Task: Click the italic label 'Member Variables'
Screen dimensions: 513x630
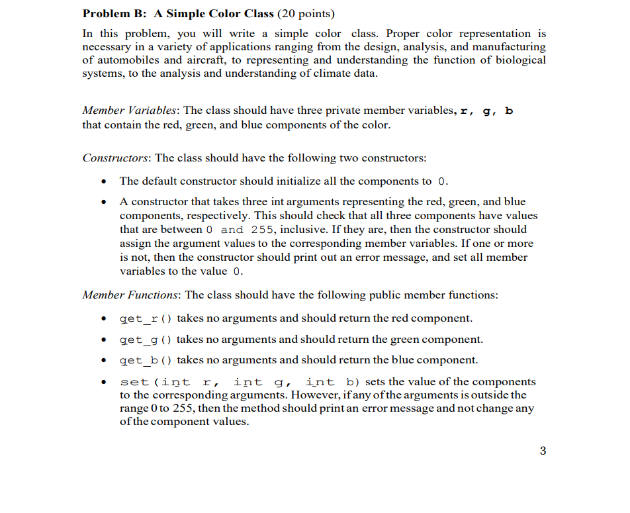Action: (x=130, y=111)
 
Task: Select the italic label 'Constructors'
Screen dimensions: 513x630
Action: (x=116, y=158)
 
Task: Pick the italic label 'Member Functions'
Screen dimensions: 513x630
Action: (x=130, y=295)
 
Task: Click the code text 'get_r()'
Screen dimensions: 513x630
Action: (x=146, y=318)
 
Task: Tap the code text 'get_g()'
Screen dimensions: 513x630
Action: (x=146, y=340)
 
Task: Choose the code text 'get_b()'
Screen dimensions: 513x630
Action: (x=146, y=360)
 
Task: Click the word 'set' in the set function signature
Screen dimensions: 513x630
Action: (x=134, y=382)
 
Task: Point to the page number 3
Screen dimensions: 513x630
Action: (x=543, y=451)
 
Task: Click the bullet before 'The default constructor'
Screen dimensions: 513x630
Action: (x=102, y=181)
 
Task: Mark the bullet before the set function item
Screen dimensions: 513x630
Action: (x=102, y=382)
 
